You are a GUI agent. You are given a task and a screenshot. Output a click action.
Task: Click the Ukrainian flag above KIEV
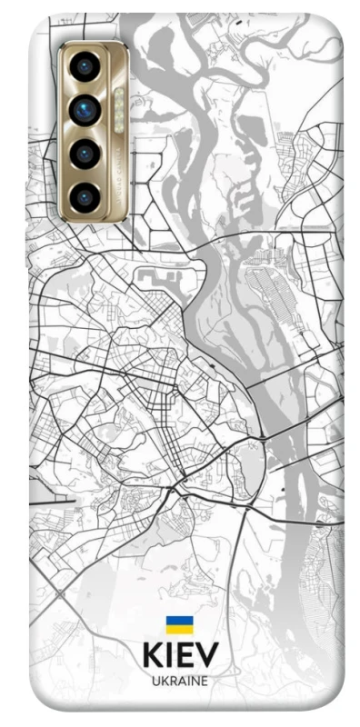[x=179, y=625]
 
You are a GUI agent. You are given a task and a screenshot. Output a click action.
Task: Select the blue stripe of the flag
[x=179, y=622]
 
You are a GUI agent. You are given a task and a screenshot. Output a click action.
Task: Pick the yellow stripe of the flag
[x=179, y=629]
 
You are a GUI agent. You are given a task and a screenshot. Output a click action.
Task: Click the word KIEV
[x=180, y=656]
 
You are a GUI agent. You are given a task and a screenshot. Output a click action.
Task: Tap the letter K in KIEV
[x=152, y=656]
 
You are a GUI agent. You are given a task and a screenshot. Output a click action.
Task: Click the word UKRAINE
[x=180, y=680]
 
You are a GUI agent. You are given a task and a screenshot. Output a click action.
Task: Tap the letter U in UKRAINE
[x=155, y=680]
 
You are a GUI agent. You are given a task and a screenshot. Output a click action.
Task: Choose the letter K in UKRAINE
[x=164, y=680]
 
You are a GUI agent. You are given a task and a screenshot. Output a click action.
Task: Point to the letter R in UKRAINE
[x=172, y=680]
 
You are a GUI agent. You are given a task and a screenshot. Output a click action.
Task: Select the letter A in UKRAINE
[x=181, y=680]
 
